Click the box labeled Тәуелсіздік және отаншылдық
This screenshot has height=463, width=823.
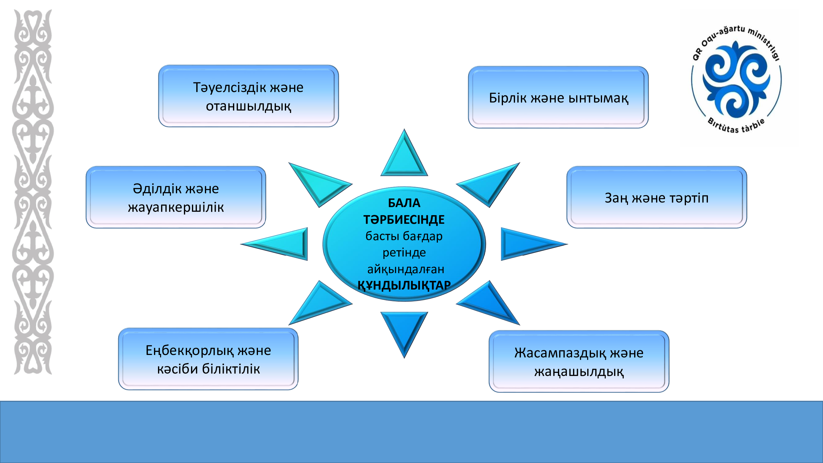click(x=248, y=96)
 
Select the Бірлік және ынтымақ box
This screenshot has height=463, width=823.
click(x=558, y=97)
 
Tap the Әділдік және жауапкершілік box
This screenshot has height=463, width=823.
click(x=176, y=197)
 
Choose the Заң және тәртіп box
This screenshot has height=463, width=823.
click(x=657, y=197)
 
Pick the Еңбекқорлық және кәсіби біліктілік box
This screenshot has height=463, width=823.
click(x=208, y=359)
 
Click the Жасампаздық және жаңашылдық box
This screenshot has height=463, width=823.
click(x=579, y=361)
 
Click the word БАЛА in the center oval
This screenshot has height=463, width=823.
click(x=404, y=203)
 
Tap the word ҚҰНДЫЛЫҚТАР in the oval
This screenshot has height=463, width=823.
click(x=404, y=285)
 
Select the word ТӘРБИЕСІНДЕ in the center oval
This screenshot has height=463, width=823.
click(x=404, y=219)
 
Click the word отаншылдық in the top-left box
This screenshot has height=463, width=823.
click(x=248, y=106)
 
